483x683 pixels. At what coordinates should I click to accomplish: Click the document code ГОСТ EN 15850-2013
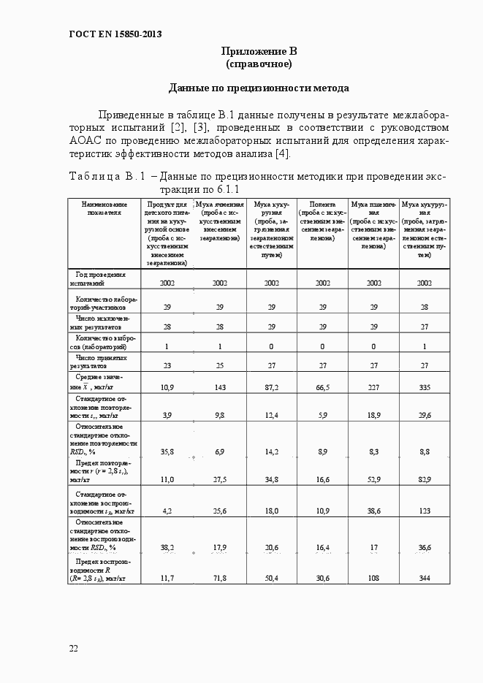coord(115,34)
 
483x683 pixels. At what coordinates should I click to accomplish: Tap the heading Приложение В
coord(259,51)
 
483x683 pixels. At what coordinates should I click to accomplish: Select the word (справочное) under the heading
coord(259,64)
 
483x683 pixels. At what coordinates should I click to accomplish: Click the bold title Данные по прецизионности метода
coord(259,88)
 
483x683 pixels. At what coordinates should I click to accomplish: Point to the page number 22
coord(74,648)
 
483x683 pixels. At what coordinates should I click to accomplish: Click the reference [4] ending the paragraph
coord(282,153)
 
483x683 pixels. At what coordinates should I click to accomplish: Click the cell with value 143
coord(220,387)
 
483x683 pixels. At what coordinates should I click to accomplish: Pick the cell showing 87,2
coord(271,387)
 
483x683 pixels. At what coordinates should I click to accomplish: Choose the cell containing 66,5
coord(322,387)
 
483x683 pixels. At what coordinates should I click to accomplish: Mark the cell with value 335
coord(425,387)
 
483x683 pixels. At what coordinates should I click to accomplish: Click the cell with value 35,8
coord(167,453)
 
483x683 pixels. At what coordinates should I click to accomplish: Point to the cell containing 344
coord(425,579)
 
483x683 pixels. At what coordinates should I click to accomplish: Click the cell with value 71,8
coord(220,579)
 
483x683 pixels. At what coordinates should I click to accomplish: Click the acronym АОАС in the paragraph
coord(88,140)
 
